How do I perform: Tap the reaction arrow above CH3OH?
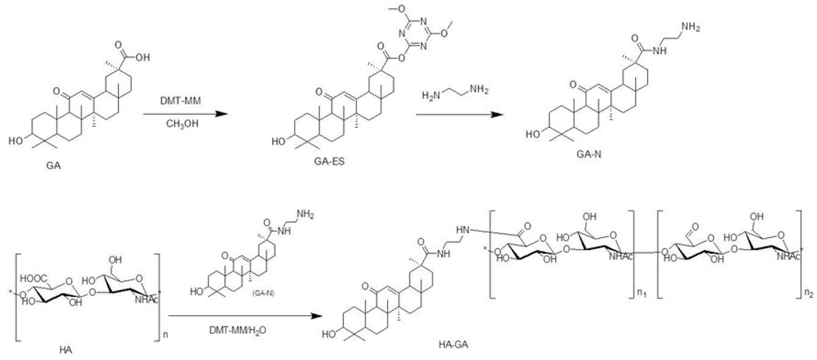tap(181, 113)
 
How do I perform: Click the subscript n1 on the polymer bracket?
tap(641, 295)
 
